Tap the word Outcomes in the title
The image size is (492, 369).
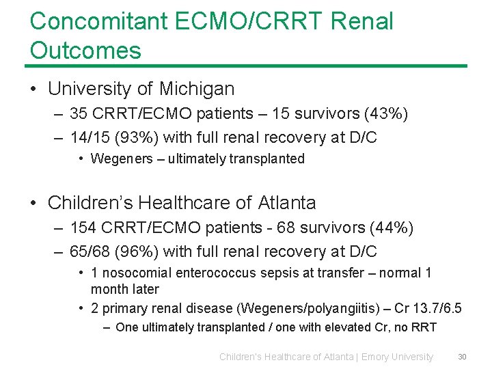85,50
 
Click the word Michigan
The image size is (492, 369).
197,89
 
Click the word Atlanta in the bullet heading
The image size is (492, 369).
287,203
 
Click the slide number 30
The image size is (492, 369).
462,356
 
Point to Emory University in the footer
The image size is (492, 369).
397,357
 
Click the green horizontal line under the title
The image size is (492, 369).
246,66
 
